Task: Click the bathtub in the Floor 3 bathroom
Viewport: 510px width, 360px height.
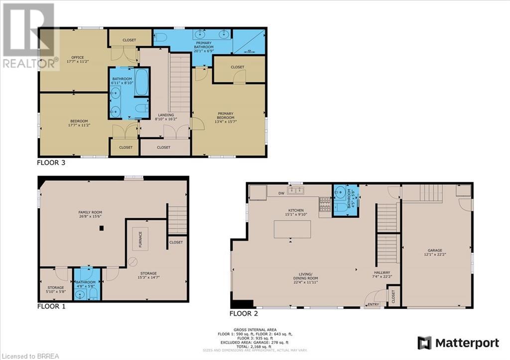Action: tap(141, 82)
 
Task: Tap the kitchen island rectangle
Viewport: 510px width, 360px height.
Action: tap(292, 229)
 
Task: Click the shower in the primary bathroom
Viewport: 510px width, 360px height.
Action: tap(249, 42)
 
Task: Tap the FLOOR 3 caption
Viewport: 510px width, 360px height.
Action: tap(51, 162)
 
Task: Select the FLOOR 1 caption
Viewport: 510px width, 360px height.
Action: tap(51, 306)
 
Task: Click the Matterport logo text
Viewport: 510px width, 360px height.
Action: tap(467, 343)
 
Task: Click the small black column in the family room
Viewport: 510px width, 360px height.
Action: tap(101, 228)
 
